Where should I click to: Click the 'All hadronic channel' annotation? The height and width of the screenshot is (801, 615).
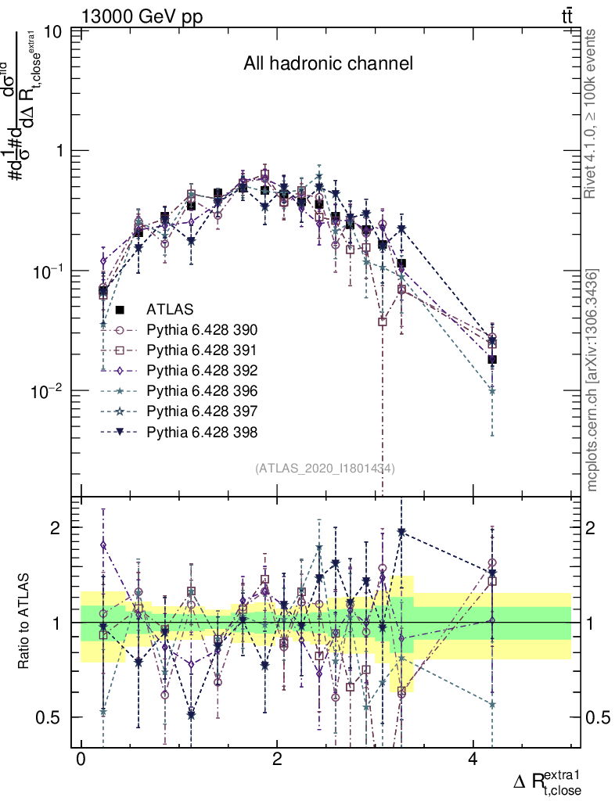[x=328, y=64]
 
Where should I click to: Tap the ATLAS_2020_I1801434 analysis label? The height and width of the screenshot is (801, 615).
[x=325, y=469]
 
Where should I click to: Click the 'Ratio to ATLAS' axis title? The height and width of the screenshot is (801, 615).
[x=26, y=622]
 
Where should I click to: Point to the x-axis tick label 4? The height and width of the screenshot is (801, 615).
[x=473, y=760]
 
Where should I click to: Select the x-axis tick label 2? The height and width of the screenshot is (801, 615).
[x=277, y=760]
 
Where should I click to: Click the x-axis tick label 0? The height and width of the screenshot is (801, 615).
[x=81, y=760]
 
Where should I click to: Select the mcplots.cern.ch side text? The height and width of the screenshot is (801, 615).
[x=592, y=379]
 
